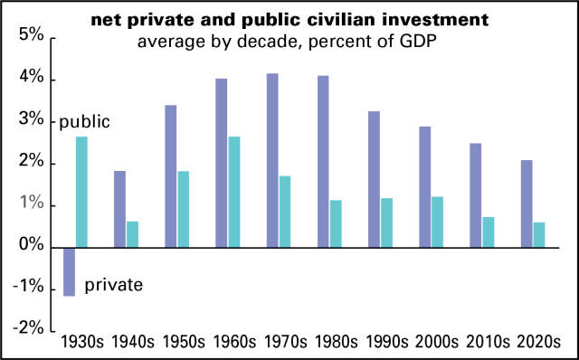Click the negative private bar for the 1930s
point(69,271)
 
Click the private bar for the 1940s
point(119,209)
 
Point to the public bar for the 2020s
point(539,234)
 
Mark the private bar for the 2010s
point(475,194)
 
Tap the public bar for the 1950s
point(184,209)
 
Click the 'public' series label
point(84,121)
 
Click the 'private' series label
point(113,286)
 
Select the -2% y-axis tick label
point(27,328)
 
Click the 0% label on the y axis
point(31,246)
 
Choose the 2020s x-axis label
point(537,343)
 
